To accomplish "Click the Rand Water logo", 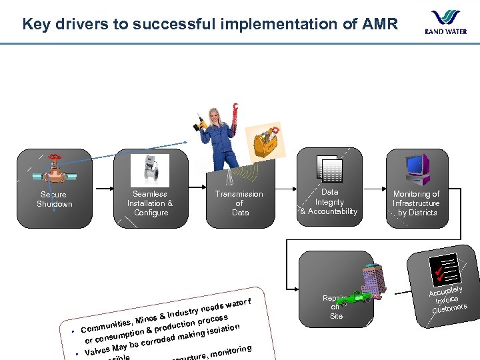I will pos(446,22).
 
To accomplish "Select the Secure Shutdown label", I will pos(54,199).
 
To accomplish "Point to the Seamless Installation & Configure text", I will pos(150,203).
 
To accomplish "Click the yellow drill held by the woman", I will pos(199,123).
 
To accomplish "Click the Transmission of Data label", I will pos(239,203).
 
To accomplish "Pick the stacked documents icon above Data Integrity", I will pos(330,169).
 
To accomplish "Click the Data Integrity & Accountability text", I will pos(329,202).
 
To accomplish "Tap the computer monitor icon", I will pos(417,168).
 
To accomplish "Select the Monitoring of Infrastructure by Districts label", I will pos(416,203).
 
